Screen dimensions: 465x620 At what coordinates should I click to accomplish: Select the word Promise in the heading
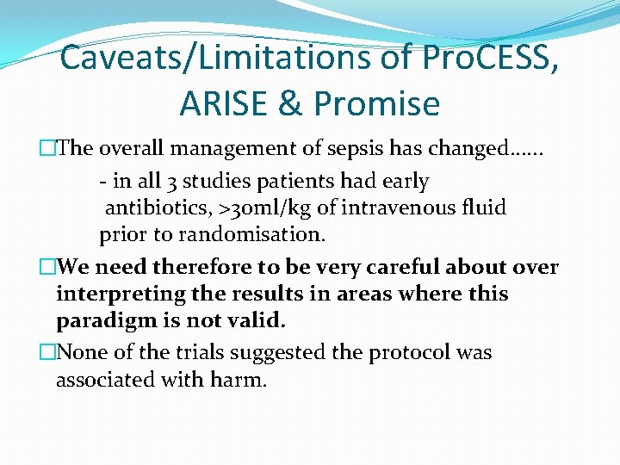click(x=376, y=104)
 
